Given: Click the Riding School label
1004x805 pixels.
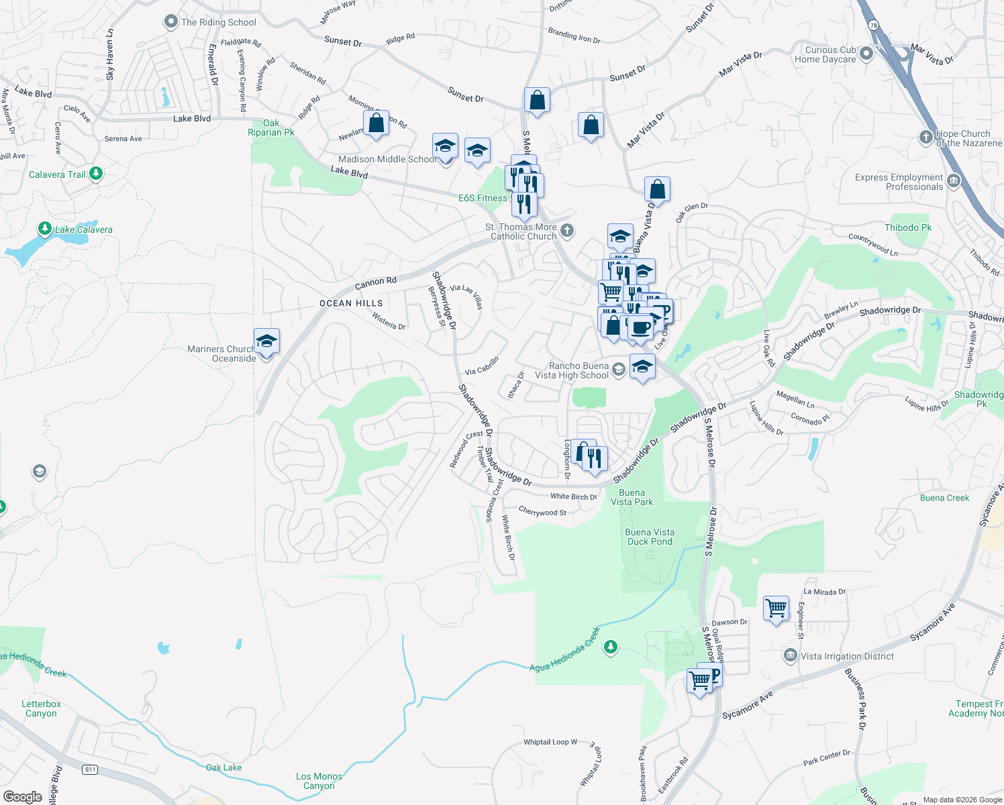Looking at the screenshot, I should click(x=218, y=22).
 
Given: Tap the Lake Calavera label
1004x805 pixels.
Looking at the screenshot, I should click(x=83, y=229).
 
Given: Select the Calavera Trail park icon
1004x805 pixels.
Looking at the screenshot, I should click(x=96, y=174).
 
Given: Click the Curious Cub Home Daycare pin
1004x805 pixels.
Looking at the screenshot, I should click(x=866, y=54).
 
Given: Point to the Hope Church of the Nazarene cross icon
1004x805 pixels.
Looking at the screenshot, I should click(x=926, y=138).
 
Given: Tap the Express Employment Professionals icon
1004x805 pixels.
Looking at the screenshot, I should click(x=954, y=181).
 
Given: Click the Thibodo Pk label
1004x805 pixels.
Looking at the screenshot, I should click(x=908, y=227).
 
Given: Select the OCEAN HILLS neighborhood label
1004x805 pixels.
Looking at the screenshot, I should click(x=351, y=303).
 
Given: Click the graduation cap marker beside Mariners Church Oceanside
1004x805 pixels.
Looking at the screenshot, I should click(x=266, y=341).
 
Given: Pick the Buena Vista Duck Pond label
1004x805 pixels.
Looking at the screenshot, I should click(x=650, y=537).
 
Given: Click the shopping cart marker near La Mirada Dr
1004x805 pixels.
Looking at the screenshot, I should click(x=776, y=608).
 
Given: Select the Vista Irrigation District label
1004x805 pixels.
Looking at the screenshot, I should click(x=847, y=656).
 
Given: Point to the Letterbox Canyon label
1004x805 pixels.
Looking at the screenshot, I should click(x=41, y=708).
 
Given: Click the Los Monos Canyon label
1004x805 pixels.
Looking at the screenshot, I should click(x=319, y=781).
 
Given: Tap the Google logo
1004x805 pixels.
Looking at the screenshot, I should click(x=23, y=796).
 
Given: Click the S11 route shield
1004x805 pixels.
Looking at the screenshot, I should click(x=90, y=769).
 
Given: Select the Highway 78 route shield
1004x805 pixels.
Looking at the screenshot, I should click(x=873, y=25).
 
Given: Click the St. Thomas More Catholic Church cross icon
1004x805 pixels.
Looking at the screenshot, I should click(x=567, y=231).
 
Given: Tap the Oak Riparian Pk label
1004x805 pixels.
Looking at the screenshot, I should click(x=271, y=127).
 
